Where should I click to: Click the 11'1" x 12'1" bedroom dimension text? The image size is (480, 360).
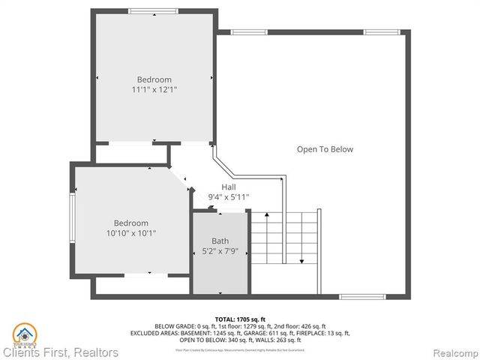(154, 90)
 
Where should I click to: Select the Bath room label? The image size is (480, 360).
(220, 241)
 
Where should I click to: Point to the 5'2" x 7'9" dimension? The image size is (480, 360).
(220, 251)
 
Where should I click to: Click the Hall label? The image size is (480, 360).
(229, 187)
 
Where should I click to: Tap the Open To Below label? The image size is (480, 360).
(324, 149)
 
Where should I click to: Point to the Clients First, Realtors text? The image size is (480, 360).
(60, 352)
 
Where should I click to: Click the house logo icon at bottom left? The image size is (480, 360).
(25, 332)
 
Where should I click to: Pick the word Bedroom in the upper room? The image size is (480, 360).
(154, 79)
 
